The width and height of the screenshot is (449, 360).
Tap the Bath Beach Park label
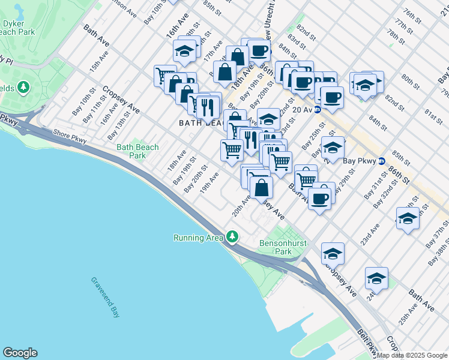(x=138, y=151)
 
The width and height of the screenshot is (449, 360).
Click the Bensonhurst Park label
(x=283, y=248)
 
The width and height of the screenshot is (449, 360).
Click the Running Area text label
(x=198, y=238)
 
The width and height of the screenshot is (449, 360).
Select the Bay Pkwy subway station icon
(x=381, y=161)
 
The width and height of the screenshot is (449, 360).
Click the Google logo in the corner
(x=20, y=353)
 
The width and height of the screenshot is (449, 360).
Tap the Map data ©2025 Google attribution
(x=412, y=355)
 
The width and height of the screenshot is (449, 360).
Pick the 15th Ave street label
(x=100, y=62)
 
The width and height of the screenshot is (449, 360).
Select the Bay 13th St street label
(x=124, y=115)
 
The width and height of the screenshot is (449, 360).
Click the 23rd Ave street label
(x=370, y=235)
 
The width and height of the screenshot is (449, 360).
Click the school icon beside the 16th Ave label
(x=185, y=51)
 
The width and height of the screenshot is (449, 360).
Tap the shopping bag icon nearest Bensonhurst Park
(x=261, y=187)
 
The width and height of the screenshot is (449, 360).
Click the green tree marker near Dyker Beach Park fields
(x=23, y=88)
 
